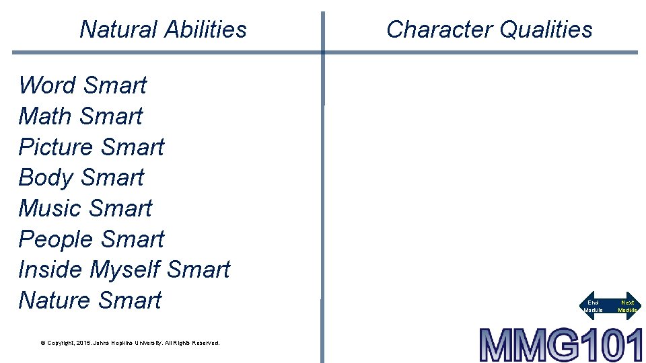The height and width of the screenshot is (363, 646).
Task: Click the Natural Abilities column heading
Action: pos(163,30)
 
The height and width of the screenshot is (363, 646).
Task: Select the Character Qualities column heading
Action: pos(489,30)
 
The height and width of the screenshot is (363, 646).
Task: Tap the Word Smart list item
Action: pos(82,85)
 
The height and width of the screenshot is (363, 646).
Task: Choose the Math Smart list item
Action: pos(80,116)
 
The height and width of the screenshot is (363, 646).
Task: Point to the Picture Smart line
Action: pos(91,147)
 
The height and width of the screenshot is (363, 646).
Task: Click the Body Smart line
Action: pos(81,177)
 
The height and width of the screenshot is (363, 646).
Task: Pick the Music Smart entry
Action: pos(85,208)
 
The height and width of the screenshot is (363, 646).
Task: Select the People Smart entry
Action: pos(91,239)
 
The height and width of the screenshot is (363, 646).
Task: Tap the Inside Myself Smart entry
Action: pos(124,270)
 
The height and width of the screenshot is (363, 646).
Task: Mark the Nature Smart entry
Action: pos(89,300)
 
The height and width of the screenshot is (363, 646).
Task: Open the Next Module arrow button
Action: pos(627,306)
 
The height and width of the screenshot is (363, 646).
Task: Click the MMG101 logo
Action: pos(561,345)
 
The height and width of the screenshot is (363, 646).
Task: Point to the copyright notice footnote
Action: pos(130,343)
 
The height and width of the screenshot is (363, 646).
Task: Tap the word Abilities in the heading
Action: pos(205,30)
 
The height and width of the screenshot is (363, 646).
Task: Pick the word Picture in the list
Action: pos(55,147)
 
